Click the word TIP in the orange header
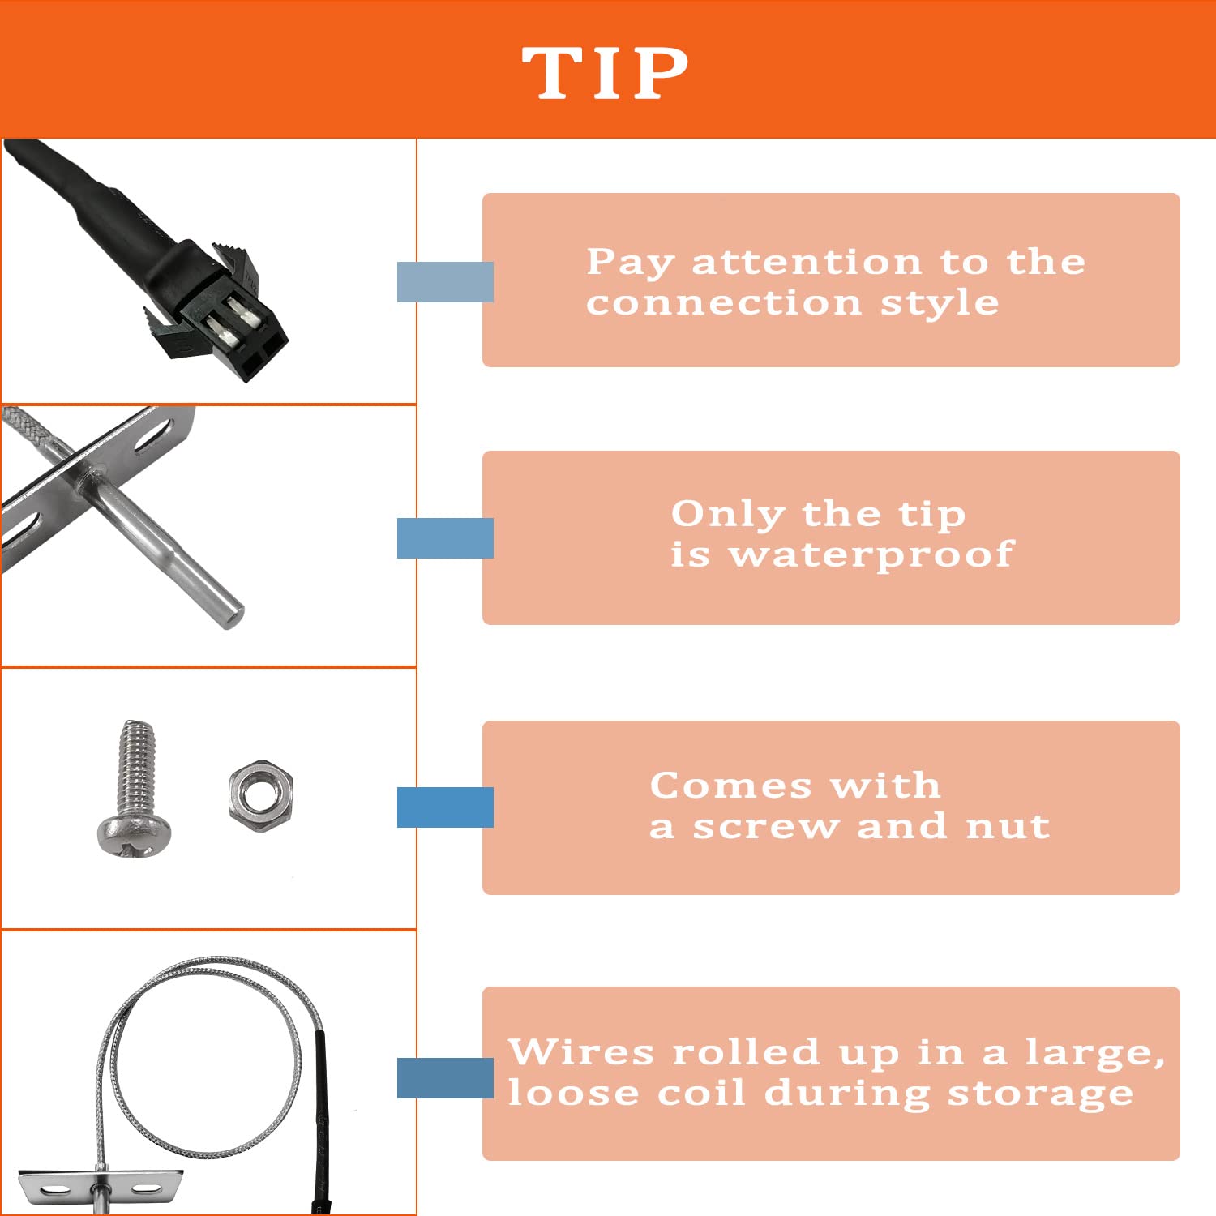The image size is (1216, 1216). (x=605, y=73)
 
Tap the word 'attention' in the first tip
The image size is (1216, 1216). (x=807, y=262)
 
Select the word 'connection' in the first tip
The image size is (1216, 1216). (x=723, y=302)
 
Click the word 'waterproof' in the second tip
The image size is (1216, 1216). (x=871, y=555)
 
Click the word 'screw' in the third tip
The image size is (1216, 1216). (x=765, y=826)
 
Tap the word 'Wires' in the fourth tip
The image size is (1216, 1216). (x=580, y=1051)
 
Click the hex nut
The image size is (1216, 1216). (x=260, y=791)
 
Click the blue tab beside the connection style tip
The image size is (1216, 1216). (x=445, y=282)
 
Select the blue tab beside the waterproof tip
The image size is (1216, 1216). (x=445, y=537)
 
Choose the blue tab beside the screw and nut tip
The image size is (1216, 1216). (x=445, y=807)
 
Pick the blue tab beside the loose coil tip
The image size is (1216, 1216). (x=445, y=1078)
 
